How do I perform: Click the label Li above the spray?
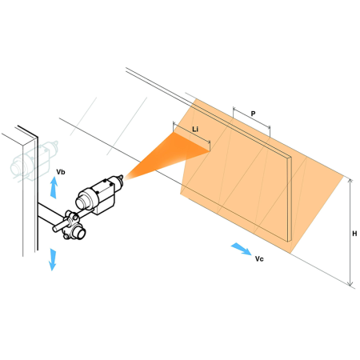(195, 130)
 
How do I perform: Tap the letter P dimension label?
(253, 114)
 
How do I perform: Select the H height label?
(354, 234)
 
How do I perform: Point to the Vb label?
(61, 172)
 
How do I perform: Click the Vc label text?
(259, 259)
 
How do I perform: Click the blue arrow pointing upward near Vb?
(54, 188)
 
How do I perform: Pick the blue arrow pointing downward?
(53, 259)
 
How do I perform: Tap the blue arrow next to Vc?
(241, 249)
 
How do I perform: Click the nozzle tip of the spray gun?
(121, 178)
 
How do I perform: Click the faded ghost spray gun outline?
(34, 161)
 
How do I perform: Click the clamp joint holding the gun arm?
(73, 226)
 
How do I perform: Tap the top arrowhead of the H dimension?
(350, 181)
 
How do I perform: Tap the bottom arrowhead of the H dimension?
(350, 284)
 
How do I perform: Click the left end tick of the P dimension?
(234, 112)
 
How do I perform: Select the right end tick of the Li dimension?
(210, 145)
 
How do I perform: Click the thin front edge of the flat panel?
(290, 199)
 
